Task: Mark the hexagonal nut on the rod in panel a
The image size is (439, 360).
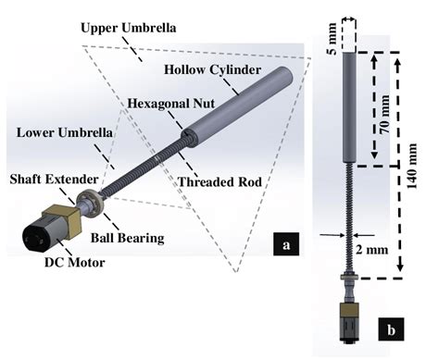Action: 189,139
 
